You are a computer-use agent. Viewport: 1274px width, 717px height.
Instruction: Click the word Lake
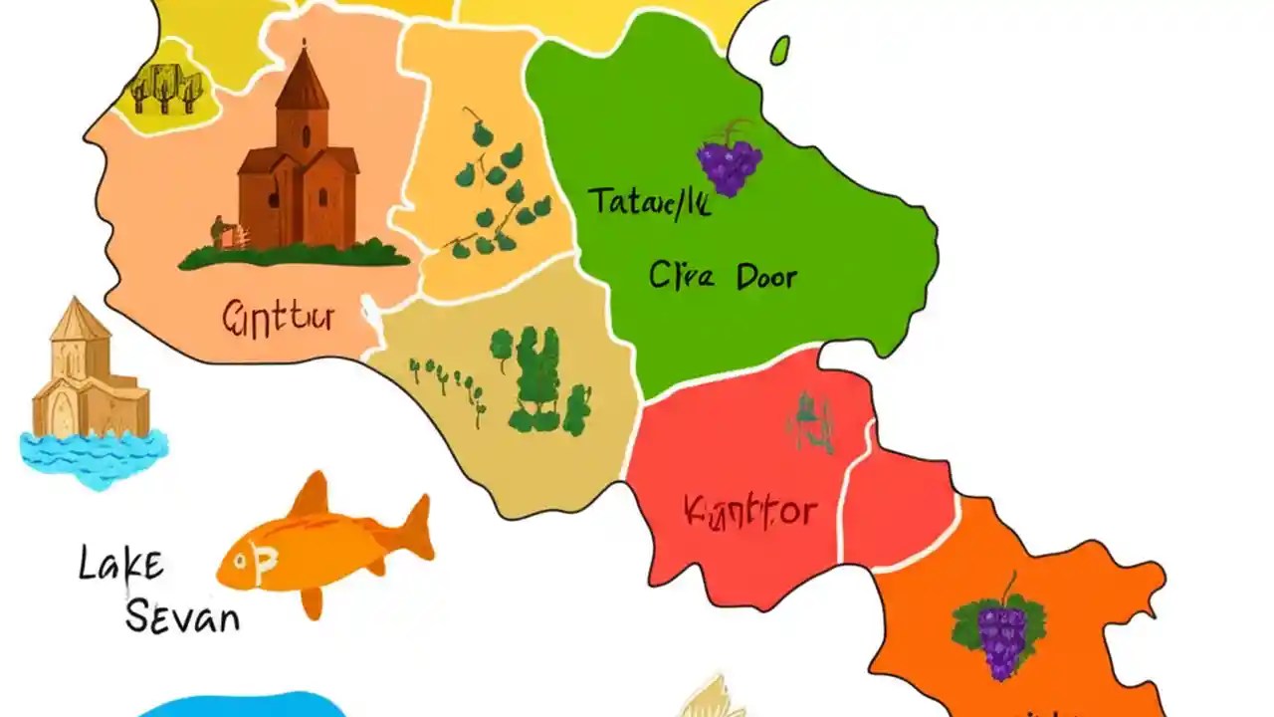120,565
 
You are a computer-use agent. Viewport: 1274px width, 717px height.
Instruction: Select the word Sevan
182,616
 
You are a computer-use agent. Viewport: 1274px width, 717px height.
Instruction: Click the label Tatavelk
648,202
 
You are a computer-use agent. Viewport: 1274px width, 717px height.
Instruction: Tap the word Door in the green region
766,276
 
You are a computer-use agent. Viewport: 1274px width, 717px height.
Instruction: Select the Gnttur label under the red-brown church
278,318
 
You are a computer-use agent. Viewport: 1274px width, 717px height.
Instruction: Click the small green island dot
780,50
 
